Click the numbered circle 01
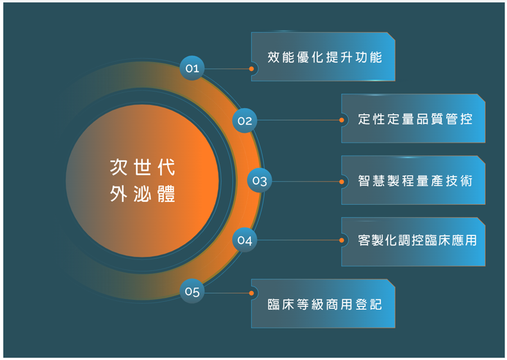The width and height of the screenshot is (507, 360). [x=192, y=68]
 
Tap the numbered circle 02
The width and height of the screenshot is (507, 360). [x=245, y=121]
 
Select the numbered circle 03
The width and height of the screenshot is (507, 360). [x=260, y=180]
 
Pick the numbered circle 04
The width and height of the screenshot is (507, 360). [x=245, y=240]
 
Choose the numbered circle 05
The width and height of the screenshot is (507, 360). [x=192, y=291]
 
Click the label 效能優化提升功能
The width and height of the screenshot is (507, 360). [x=324, y=57]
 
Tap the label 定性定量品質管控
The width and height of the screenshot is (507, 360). [x=415, y=119]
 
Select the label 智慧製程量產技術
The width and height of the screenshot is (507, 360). [x=415, y=181]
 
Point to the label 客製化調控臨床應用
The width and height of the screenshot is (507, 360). [x=417, y=241]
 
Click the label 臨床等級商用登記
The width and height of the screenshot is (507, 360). [x=324, y=304]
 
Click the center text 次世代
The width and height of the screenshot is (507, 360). [x=143, y=167]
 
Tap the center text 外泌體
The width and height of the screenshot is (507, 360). [x=143, y=194]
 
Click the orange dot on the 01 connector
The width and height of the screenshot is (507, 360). [x=251, y=69]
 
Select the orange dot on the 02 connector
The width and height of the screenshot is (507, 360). [x=341, y=120]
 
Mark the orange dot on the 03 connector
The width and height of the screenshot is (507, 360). [x=341, y=182]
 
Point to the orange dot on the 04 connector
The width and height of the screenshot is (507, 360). [x=341, y=241]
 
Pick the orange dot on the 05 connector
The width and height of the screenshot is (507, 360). [x=251, y=294]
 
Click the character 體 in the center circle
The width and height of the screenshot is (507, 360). [x=166, y=194]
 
